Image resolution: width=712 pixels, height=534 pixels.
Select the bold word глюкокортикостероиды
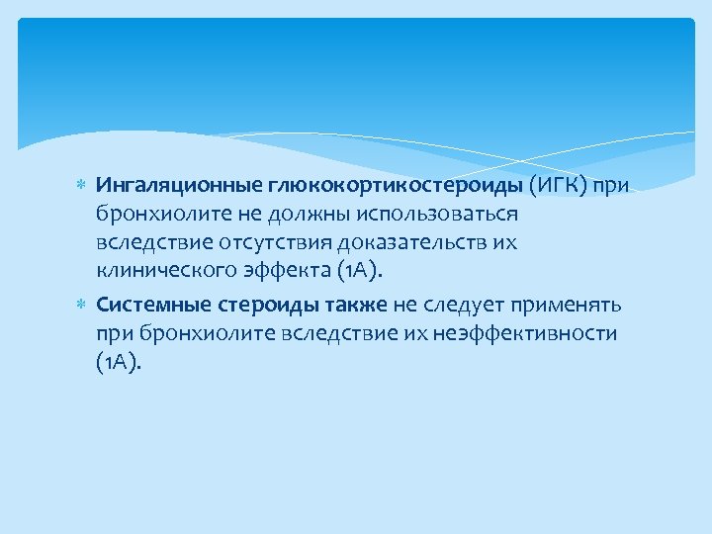[x=377, y=185]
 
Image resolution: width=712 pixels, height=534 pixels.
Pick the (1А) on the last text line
[x=119, y=362]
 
